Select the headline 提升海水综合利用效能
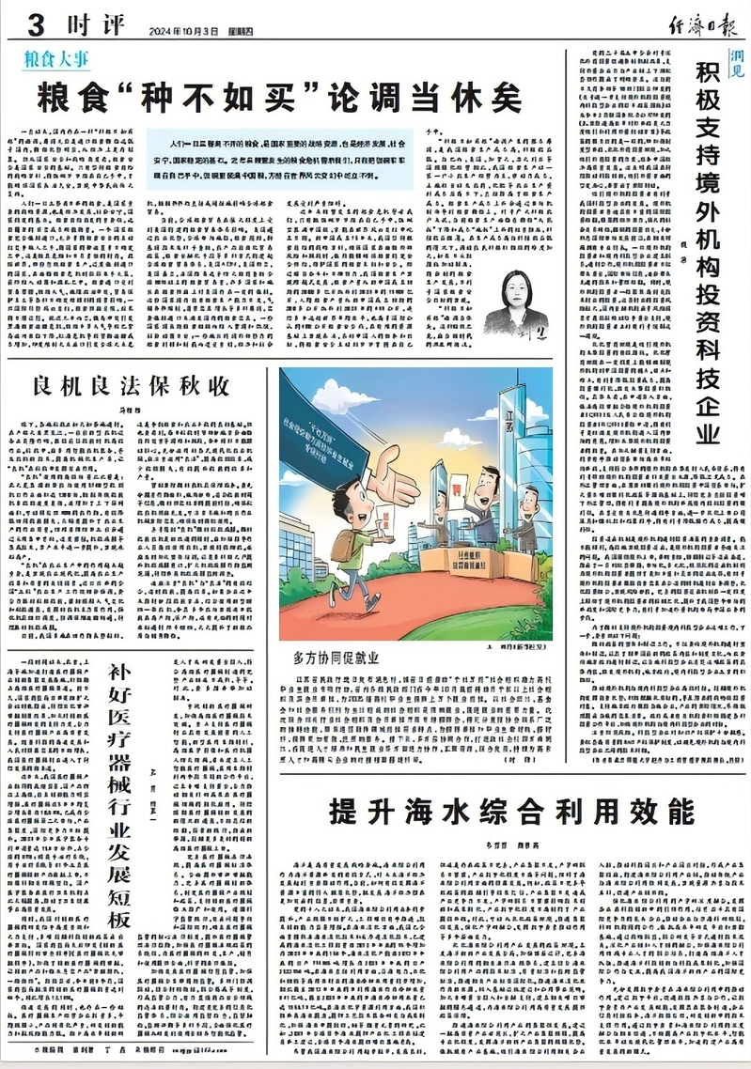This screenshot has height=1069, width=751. tap(511, 811)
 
